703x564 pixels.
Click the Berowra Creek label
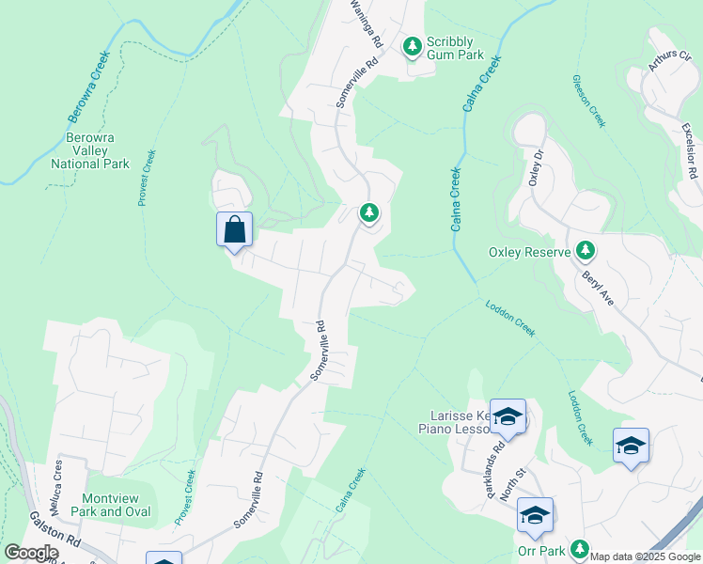[x=89, y=87]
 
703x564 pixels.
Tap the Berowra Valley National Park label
[x=90, y=150]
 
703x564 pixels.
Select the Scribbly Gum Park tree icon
[x=412, y=45]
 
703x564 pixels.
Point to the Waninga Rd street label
[x=366, y=23]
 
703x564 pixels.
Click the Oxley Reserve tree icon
[x=586, y=251]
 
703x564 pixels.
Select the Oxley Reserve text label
[x=529, y=252]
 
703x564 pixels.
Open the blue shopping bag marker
[x=234, y=229]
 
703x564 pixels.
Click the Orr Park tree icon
[x=580, y=549]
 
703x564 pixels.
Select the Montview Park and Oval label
[x=117, y=505]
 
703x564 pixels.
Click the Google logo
[x=31, y=553]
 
